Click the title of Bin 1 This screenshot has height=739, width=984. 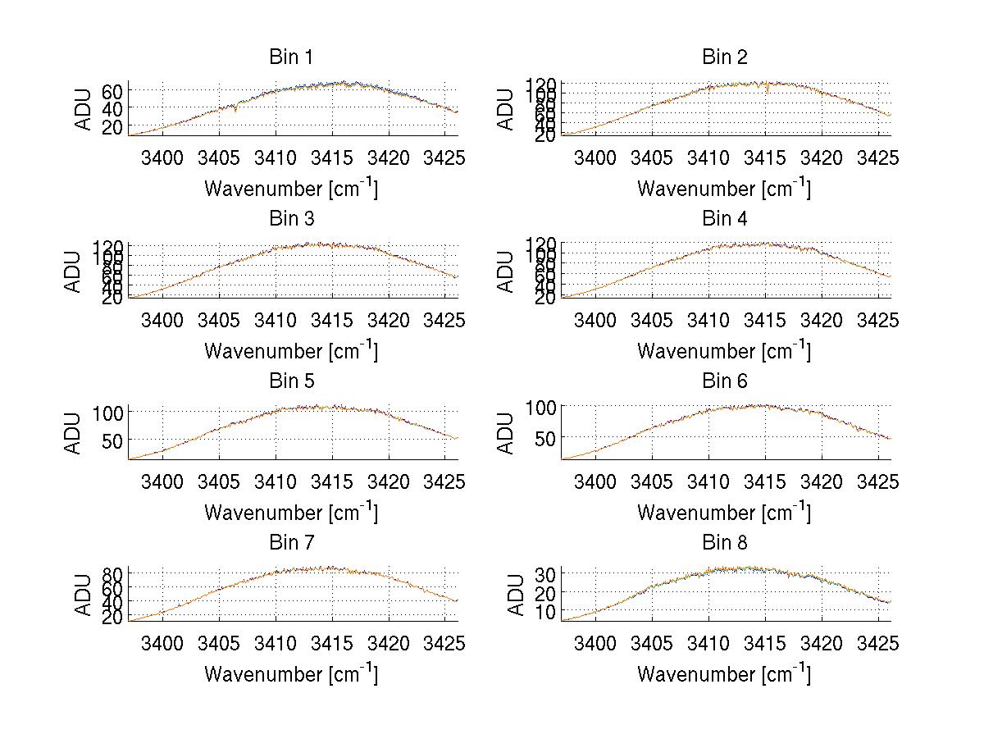click(291, 57)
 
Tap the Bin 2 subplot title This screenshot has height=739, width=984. click(724, 57)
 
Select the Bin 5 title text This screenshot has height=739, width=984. click(291, 381)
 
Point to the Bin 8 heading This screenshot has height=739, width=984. click(724, 543)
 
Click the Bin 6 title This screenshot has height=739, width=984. click(724, 381)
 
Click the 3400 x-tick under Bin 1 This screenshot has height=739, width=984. click(163, 157)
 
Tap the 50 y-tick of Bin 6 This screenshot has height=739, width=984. click(544, 439)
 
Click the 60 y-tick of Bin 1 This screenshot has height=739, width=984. click(112, 90)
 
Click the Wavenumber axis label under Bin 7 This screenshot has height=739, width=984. click(291, 673)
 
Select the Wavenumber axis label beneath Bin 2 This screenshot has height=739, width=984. click(724, 188)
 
